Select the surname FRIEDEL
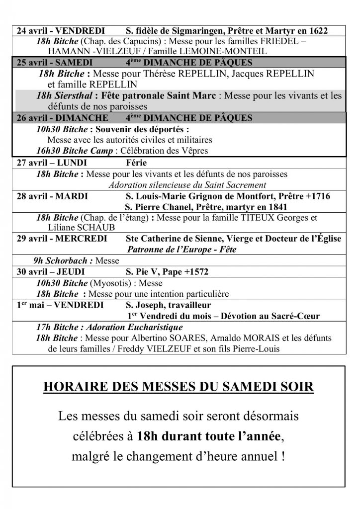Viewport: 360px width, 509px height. [x=276, y=41]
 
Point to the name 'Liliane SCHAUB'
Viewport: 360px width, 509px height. [x=75, y=228]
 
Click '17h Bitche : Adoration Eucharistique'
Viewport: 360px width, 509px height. [x=102, y=328]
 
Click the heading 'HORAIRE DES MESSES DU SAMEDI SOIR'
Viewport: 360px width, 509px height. [x=179, y=387]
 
